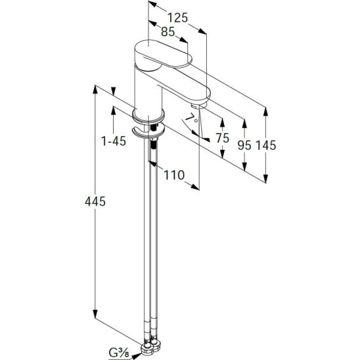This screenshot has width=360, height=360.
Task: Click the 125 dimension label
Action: [x=177, y=18]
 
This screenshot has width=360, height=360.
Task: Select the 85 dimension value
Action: [x=168, y=32]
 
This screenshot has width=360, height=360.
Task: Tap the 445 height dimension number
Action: [x=95, y=202]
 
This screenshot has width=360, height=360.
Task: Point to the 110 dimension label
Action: [x=174, y=175]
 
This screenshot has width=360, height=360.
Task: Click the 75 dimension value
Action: [x=223, y=138]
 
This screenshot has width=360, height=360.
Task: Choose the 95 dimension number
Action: [x=244, y=145]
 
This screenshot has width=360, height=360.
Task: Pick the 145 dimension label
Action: [x=265, y=145]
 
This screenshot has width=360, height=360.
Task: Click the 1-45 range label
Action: [x=114, y=141]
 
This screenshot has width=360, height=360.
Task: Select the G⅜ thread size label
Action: [x=119, y=352]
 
